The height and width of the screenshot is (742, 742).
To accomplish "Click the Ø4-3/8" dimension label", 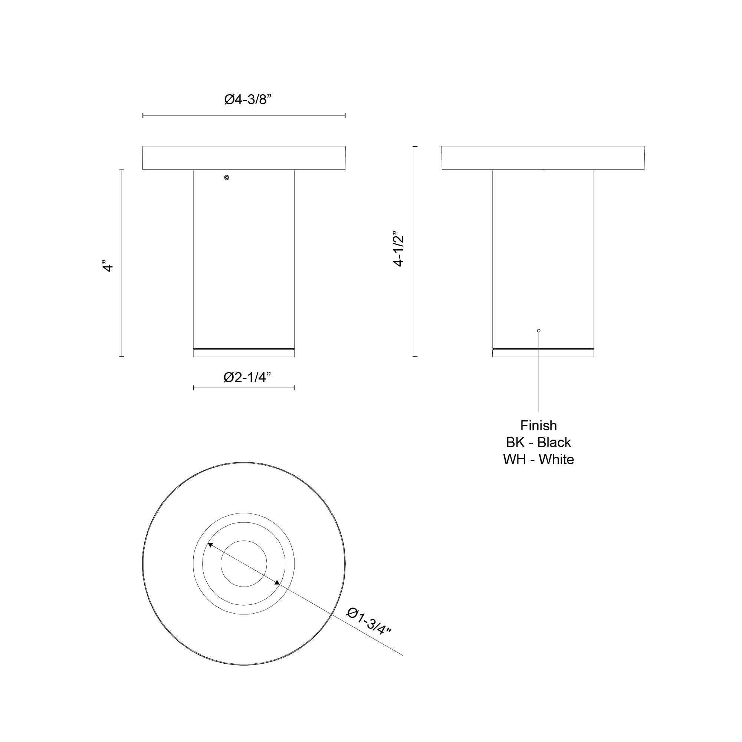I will point(248,100).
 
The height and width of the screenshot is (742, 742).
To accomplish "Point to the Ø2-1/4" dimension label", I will point(247,378).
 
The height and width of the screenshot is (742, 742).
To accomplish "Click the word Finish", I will point(538,426).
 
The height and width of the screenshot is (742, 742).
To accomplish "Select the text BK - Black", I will point(538,443).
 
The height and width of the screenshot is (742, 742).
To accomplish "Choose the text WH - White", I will point(538,459).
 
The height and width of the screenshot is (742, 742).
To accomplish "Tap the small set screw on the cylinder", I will point(227,177).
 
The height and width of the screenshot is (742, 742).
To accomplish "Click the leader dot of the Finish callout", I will point(539,331).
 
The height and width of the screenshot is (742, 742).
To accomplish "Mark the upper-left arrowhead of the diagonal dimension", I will point(210,544).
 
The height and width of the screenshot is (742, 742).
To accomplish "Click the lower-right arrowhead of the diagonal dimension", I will point(277,583).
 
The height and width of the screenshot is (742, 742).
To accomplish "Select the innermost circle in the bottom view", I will point(244,564).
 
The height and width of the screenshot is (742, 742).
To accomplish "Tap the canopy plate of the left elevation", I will point(244,158).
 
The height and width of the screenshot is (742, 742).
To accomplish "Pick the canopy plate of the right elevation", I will point(543,158).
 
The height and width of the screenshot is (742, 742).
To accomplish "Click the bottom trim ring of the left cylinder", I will point(244,353).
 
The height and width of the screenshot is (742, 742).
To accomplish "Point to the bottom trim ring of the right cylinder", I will point(543,353).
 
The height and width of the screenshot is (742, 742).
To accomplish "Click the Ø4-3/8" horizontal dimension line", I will point(244,115).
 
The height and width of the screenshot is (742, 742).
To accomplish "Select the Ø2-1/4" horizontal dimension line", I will point(244,388).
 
